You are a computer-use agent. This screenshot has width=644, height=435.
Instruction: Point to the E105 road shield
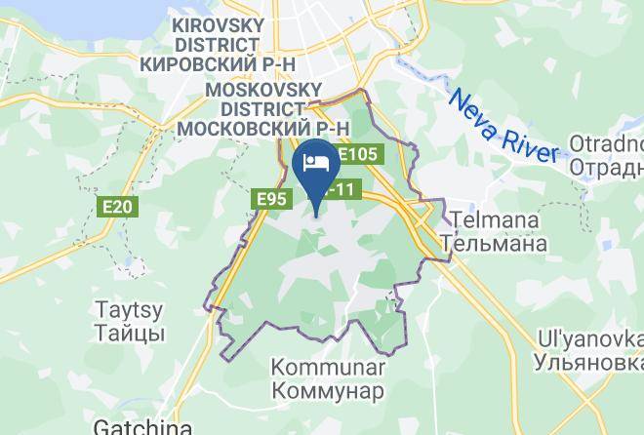359,155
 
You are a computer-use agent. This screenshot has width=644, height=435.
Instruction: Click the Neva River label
503,125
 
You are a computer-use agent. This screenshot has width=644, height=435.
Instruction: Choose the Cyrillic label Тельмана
493,243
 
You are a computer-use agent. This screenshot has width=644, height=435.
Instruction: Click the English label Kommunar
327,369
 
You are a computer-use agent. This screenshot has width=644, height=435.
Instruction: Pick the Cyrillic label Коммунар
327,390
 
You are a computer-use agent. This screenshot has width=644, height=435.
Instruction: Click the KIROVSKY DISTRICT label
215,34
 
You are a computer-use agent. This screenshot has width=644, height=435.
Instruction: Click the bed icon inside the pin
316,162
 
